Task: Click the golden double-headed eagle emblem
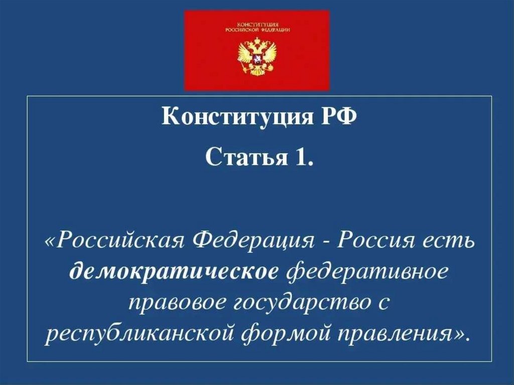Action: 256,58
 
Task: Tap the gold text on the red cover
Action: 256,27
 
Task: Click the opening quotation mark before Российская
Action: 51,242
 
